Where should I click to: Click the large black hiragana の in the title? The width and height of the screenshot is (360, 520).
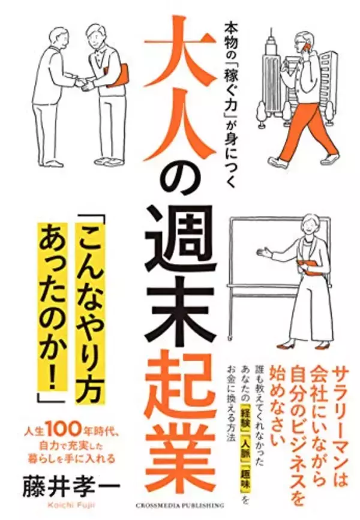pos(181,173)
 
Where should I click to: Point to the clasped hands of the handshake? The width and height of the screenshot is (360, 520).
pos(84,83)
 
